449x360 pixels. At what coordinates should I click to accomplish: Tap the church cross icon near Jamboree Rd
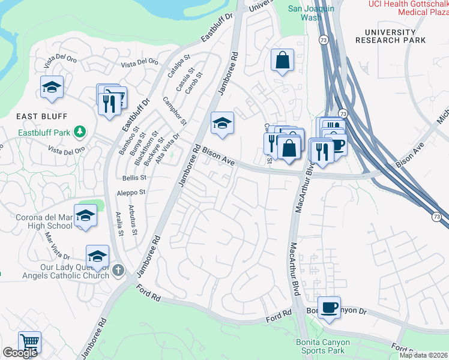[118, 271]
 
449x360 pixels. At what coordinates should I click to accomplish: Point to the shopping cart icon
[29, 341]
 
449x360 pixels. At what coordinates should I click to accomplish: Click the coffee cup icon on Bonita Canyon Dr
[328, 307]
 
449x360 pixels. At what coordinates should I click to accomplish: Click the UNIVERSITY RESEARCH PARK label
[391, 36]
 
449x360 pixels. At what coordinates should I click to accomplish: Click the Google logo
[20, 353]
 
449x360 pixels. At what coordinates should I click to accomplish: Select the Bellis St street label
[134, 178]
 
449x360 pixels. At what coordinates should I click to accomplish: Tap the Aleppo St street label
[134, 193]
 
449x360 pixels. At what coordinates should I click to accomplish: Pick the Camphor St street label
[172, 109]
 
